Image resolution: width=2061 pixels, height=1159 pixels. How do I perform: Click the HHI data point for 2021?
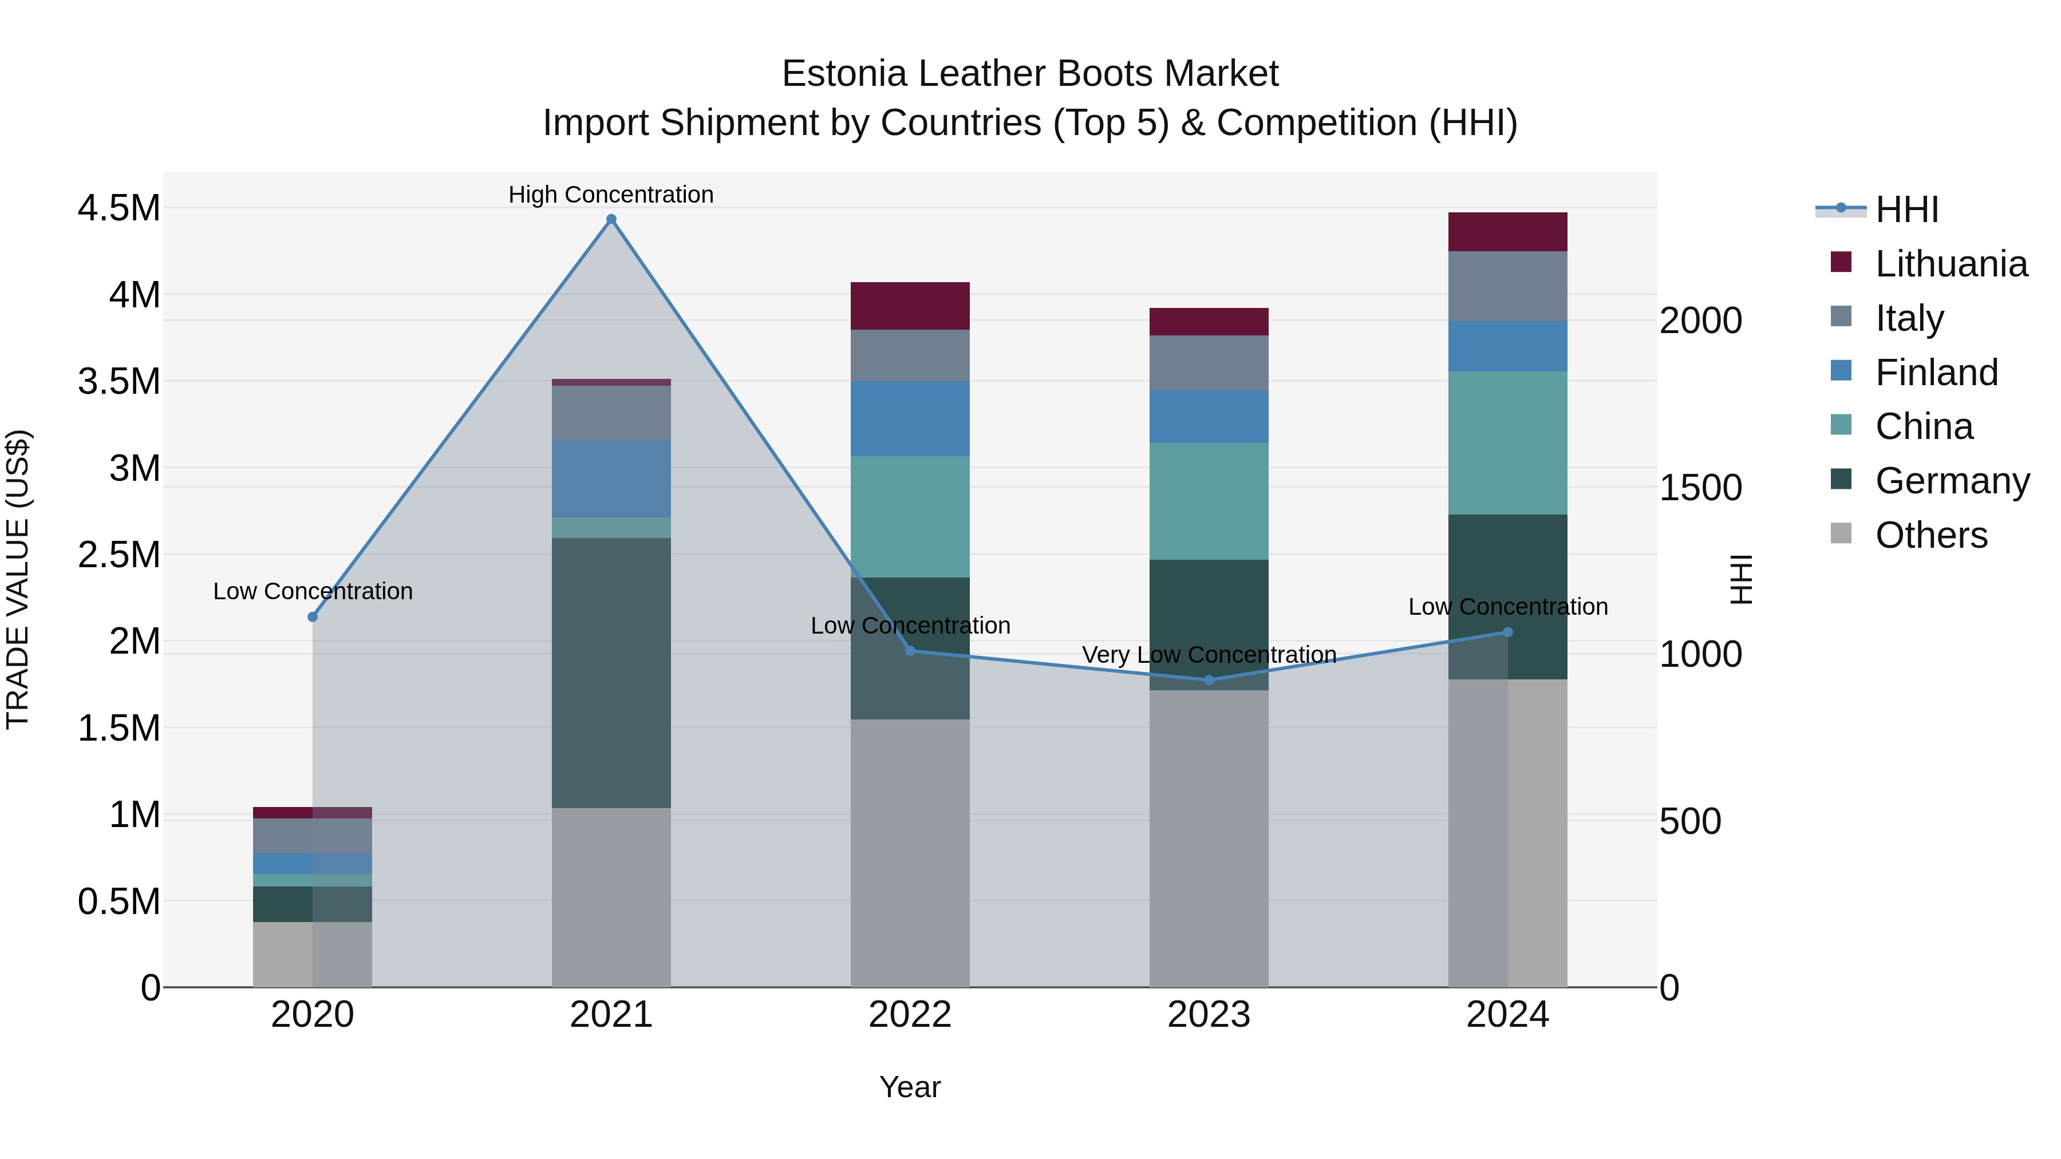coord(611,219)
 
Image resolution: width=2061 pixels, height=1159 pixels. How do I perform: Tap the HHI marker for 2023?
coord(1209,680)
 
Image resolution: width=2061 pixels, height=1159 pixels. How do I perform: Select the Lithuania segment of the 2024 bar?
coord(1507,232)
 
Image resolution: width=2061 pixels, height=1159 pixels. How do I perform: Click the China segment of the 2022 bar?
coord(910,517)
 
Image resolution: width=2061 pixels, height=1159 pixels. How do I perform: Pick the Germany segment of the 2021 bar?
coord(611,672)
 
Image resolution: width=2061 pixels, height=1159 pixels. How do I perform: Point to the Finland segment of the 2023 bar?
coord(1209,417)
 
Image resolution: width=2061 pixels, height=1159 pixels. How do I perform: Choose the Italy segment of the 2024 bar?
coord(1507,286)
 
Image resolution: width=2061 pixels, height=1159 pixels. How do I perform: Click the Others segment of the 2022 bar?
coord(910,853)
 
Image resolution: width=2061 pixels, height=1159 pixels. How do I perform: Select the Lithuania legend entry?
coord(1951,264)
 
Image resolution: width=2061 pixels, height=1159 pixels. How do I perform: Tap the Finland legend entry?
coord(1936,373)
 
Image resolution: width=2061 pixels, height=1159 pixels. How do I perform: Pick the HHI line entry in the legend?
coord(1906,209)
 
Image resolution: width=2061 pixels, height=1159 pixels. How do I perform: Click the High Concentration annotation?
coord(611,195)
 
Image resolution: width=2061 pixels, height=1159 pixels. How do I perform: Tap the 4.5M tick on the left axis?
coord(119,208)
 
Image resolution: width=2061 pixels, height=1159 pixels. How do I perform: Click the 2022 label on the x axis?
coord(910,1014)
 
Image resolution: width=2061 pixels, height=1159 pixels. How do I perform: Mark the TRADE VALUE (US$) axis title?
coord(18,579)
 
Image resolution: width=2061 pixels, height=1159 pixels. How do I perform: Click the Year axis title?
coord(910,1087)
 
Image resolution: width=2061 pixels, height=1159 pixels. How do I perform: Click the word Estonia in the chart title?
coord(843,74)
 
